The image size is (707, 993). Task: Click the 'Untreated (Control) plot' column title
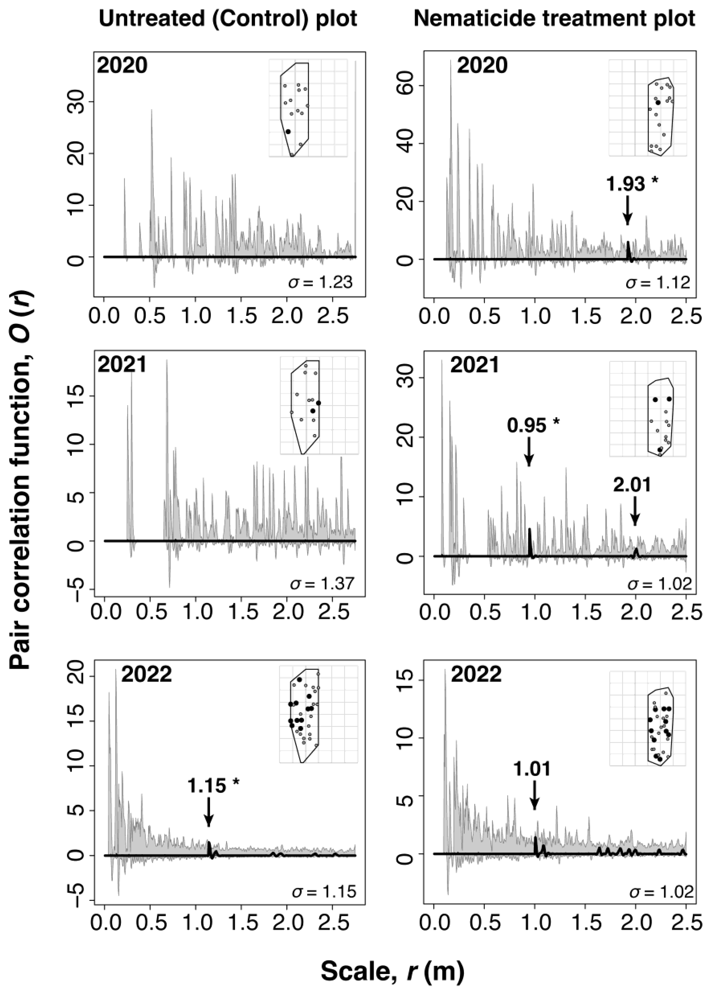[x=228, y=19]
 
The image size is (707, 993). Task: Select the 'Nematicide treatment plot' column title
[x=554, y=19]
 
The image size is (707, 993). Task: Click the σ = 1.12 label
[x=658, y=283]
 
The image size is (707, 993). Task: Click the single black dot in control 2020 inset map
[x=288, y=131]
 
